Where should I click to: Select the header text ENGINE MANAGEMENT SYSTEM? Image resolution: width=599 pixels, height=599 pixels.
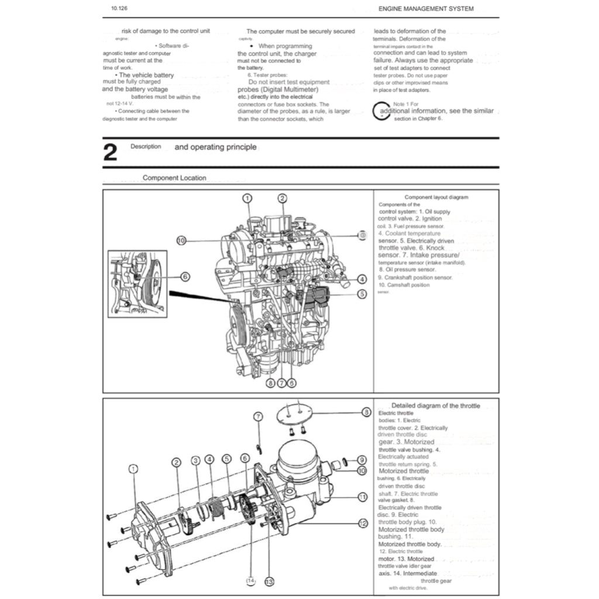[x=426, y=9]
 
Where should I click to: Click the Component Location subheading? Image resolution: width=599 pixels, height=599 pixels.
[x=174, y=178]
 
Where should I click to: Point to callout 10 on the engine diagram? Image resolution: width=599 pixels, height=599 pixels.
[x=181, y=240]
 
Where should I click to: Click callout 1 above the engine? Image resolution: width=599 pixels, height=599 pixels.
[x=247, y=198]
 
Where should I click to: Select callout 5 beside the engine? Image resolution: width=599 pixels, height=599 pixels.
[x=362, y=294]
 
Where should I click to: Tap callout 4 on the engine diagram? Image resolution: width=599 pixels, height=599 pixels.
[x=362, y=279]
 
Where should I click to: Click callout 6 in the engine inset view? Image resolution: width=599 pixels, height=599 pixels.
[x=185, y=277]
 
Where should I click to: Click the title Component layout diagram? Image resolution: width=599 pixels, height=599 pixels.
[x=436, y=198]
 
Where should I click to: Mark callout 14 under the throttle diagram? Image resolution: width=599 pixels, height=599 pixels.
[x=251, y=581]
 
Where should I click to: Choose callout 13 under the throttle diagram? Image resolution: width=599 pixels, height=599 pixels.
[x=269, y=581]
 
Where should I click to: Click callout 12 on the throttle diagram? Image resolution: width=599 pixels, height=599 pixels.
[x=362, y=523]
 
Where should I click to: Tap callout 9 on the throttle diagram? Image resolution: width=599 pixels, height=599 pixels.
[x=362, y=460]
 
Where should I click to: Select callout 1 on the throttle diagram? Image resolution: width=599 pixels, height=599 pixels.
[x=133, y=469]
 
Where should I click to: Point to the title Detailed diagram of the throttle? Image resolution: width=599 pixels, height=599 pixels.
[x=435, y=405]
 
